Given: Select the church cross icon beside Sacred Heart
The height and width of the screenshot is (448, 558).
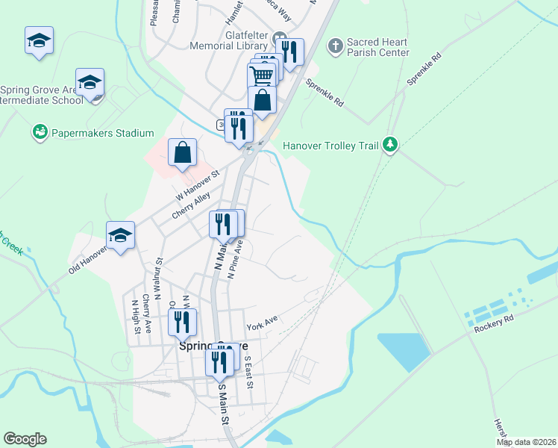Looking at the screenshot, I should point(335,46).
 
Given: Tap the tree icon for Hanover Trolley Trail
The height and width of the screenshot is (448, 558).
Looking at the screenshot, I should point(389,144).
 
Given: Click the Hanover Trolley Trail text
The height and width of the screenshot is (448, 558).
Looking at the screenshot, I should point(331,146).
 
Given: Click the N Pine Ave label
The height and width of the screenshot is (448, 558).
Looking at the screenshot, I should point(236,259).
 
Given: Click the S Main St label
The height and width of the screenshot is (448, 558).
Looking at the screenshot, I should point(223,404).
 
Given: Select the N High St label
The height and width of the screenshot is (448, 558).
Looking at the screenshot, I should point(135,317).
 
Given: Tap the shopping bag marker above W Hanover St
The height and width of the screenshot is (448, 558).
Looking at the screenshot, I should point(182,153).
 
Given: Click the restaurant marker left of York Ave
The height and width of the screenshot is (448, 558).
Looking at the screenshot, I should point(182,323).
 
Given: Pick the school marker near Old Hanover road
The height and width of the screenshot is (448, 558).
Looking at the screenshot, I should point(120,236).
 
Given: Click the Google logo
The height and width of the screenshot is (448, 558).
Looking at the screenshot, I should point(25,439).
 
